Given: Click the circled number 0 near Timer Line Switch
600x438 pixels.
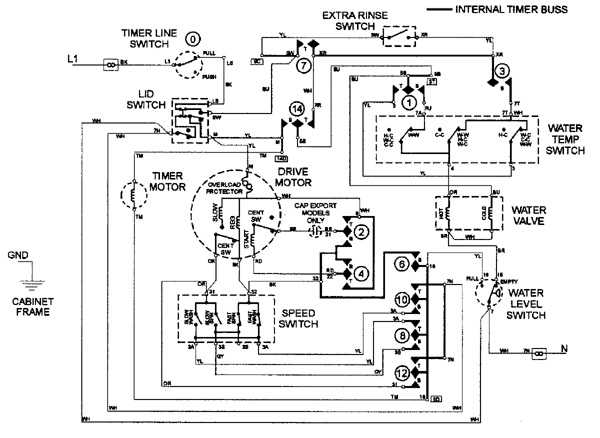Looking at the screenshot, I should tap(190, 38).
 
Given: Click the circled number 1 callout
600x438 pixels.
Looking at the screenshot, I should tap(409, 102).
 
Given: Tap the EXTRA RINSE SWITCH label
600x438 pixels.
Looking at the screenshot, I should tap(354, 20).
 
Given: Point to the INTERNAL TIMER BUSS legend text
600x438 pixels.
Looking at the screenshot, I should tap(511, 10).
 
